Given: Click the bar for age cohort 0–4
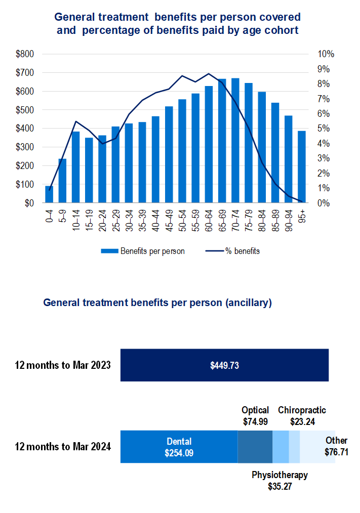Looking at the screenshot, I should (49, 195).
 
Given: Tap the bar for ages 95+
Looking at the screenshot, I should (302, 167).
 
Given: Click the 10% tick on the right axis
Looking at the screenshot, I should (326, 54).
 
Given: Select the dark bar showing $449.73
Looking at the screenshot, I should (224, 365).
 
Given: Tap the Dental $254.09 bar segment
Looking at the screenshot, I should (179, 447).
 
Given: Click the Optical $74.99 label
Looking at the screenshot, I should (255, 415).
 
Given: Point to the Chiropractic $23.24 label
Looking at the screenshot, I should (302, 415).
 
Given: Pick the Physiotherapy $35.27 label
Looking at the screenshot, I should (279, 481).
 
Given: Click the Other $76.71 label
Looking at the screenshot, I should (336, 446).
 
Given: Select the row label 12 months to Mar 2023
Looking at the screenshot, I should (63, 365).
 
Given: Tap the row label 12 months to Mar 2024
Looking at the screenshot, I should (63, 447).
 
